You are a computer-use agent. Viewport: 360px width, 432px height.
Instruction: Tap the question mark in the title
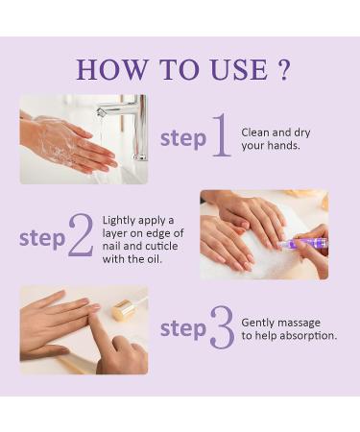(282, 69)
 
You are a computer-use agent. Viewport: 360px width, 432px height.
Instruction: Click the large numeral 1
(220, 135)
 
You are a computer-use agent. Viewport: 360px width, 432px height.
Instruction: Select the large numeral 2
(81, 236)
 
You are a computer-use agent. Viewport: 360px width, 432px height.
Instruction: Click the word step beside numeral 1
(182, 138)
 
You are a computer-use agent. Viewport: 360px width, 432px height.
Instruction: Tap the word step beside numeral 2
(42, 238)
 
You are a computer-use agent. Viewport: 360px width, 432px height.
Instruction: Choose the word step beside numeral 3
(182, 329)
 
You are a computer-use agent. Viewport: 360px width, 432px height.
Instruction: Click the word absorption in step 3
(306, 335)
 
